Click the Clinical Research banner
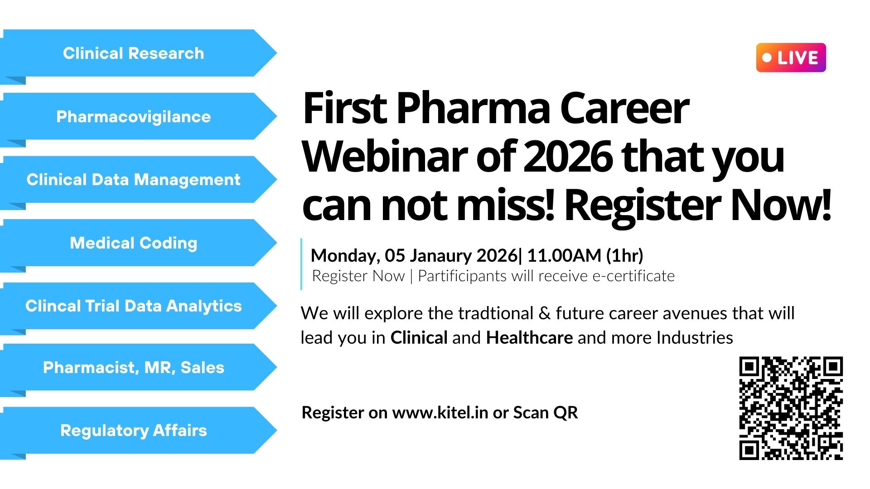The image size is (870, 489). click(136, 53)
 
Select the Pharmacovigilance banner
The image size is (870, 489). click(136, 117)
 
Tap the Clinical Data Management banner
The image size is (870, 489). click(136, 180)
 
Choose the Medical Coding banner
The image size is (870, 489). click(136, 243)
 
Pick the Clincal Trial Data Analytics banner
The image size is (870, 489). click(136, 306)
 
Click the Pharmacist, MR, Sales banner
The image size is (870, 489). click(136, 367)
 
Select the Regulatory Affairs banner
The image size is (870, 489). click(136, 431)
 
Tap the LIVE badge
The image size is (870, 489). click(791, 58)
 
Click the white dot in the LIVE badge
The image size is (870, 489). click(767, 58)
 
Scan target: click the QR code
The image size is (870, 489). click(791, 408)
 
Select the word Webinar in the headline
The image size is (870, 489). click(386, 157)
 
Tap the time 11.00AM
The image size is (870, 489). click(564, 255)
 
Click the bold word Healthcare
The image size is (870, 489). click(529, 338)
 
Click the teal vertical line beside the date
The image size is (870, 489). click(301, 264)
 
